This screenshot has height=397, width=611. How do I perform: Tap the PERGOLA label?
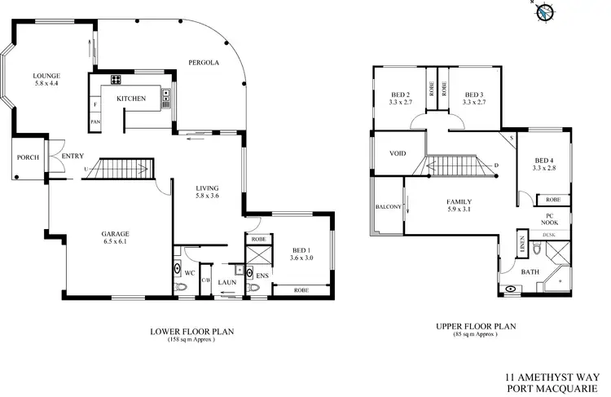pos(203,62)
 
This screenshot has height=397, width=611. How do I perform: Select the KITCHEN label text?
pos(131,99)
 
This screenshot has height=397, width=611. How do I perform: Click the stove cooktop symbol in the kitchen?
pos(116,80)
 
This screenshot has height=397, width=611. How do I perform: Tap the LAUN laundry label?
pos(226,282)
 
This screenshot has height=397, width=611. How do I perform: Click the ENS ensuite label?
pos(262,276)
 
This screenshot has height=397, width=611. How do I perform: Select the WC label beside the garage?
pos(187,272)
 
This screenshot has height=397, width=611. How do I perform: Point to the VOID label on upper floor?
pos(398,152)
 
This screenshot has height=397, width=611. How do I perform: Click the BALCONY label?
pos(388,207)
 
